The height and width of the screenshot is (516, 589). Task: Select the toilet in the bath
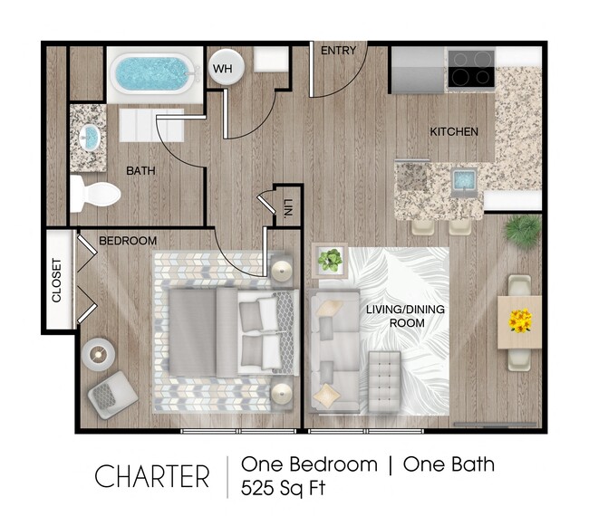pyautogui.click(x=95, y=193)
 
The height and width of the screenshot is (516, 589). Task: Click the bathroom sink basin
pyautogui.click(x=90, y=138)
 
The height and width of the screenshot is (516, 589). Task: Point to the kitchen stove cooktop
pyautogui.click(x=470, y=69)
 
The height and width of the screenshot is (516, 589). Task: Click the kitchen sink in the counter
pyautogui.click(x=464, y=178)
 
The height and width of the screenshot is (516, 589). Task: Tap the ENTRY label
pyautogui.click(x=338, y=52)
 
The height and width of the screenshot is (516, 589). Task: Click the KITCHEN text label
pyautogui.click(x=453, y=132)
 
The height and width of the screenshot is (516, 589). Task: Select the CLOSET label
pyautogui.click(x=56, y=281)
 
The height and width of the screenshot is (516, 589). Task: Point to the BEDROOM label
pyautogui.click(x=127, y=241)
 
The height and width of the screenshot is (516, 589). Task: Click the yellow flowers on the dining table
pyautogui.click(x=520, y=320)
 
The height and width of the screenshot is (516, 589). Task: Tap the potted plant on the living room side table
pyautogui.click(x=330, y=261)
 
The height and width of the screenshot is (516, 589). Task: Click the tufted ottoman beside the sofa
pyautogui.click(x=383, y=379)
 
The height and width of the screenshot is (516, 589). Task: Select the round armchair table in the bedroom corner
pyautogui.click(x=96, y=352)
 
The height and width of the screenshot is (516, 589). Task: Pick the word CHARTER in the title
pyautogui.click(x=151, y=476)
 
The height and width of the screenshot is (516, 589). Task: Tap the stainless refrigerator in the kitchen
pyautogui.click(x=418, y=70)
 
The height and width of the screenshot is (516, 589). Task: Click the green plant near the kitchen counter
pyautogui.click(x=523, y=230)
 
